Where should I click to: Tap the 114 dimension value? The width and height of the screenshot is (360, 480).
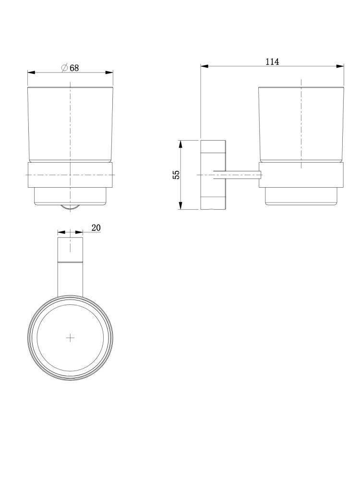272,61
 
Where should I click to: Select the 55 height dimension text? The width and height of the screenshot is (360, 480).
177,175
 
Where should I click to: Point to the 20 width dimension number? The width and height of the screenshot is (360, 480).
96,228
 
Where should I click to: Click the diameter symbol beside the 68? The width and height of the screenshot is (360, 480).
64,68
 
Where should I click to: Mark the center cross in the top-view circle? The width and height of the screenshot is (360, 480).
71,338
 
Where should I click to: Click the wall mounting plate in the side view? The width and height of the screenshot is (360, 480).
213,175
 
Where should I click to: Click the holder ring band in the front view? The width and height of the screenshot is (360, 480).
71,175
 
